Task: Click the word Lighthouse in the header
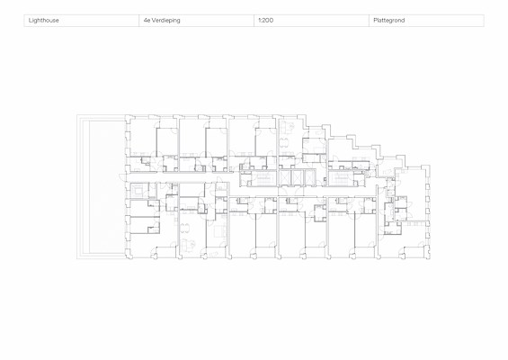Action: (44, 21)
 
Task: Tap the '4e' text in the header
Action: (147, 20)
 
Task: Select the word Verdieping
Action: (165, 21)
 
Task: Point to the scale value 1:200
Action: (265, 20)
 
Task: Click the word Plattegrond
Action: (389, 21)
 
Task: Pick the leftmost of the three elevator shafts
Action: (285, 177)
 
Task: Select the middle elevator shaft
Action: (297, 177)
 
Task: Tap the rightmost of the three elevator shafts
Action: (310, 177)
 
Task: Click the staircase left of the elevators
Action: (263, 178)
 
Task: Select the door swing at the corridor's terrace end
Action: (122, 177)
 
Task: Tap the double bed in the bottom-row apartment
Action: (218, 231)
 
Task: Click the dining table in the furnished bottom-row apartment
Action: (184, 227)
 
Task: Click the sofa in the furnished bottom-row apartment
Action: (186, 244)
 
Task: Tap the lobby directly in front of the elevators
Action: (298, 192)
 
